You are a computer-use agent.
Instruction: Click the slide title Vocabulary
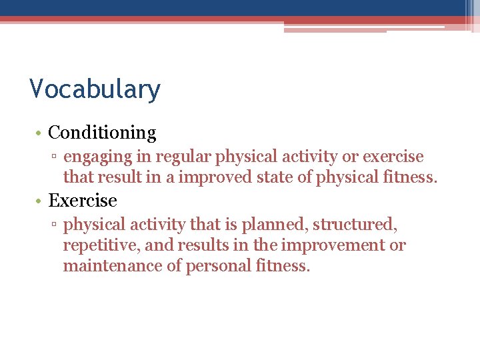point(95,89)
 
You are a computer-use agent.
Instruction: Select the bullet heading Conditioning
point(102,133)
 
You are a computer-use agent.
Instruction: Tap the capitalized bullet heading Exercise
point(83,201)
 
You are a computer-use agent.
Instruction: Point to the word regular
point(179,157)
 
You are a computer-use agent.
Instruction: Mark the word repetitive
point(101,245)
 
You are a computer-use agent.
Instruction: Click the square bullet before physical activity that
point(57,225)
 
